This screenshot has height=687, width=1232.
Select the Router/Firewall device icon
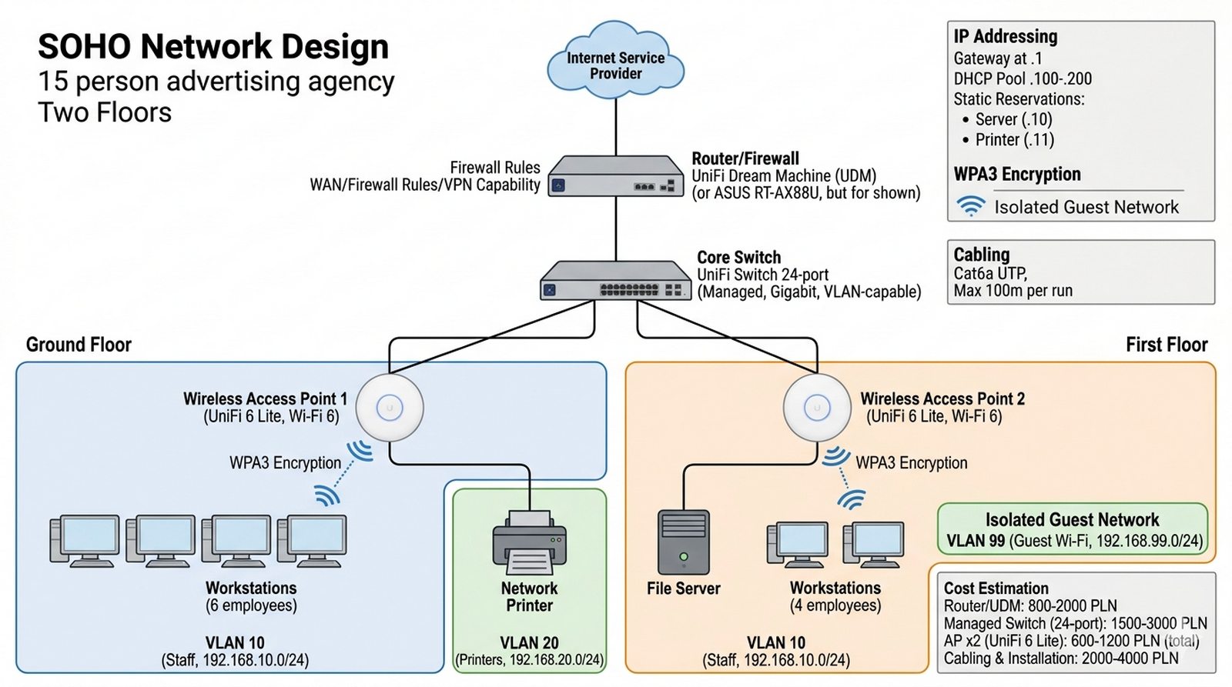coord(616,176)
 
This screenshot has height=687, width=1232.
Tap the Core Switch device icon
coord(615,280)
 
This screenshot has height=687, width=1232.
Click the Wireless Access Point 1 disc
coord(390,408)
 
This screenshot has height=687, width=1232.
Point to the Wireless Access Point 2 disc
coord(817,408)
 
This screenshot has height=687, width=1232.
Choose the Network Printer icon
coord(529,542)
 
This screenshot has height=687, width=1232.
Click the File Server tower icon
coord(683,542)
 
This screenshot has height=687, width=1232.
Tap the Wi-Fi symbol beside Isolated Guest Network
coord(971,206)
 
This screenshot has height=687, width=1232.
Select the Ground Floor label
coord(79,344)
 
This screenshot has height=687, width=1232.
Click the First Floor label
coord(1166,344)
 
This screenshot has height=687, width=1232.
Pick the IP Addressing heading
coord(1005,36)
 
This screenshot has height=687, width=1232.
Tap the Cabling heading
coord(981,254)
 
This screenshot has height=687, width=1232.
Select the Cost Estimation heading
coord(996,588)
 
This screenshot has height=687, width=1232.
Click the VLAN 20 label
coord(529,642)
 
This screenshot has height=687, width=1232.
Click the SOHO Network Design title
coord(213,46)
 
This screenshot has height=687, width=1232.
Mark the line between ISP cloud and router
coord(616,123)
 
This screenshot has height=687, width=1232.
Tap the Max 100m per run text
coord(1013,291)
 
